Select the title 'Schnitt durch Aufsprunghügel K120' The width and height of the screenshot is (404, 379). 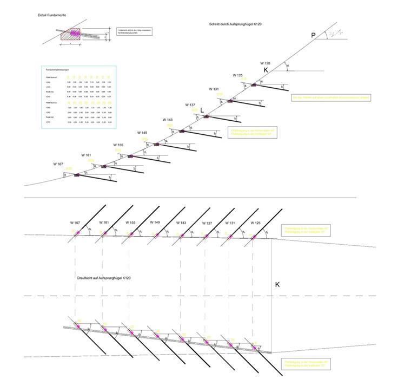(235, 25)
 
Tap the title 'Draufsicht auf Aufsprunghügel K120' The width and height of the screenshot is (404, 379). (104, 278)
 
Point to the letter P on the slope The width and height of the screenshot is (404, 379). (313, 36)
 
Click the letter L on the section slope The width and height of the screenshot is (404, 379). (202, 110)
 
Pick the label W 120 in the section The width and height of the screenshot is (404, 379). (265, 63)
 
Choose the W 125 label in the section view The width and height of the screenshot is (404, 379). (238, 75)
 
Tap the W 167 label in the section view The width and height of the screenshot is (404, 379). (58, 164)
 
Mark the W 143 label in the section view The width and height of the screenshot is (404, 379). (167, 119)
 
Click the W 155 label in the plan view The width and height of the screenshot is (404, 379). (130, 223)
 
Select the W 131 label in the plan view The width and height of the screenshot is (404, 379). (230, 223)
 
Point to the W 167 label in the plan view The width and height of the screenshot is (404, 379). (75, 223)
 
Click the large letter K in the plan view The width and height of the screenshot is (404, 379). (277, 284)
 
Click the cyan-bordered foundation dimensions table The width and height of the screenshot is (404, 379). (78, 97)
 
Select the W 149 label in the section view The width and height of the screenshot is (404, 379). (142, 133)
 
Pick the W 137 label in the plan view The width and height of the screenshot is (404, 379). (207, 223)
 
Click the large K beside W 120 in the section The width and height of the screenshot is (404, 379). (266, 70)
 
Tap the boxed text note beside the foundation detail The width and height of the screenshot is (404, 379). (134, 32)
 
